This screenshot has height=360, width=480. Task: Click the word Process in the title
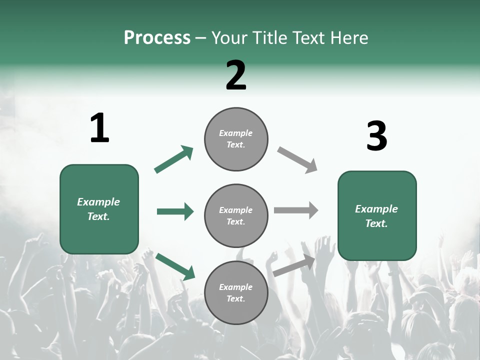157,38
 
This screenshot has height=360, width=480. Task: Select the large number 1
99,128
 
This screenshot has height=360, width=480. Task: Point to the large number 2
236,76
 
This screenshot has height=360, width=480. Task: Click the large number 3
376,136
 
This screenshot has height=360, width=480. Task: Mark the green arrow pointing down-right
175,266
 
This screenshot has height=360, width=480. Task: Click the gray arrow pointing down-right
297,160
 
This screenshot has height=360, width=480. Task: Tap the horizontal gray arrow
296,210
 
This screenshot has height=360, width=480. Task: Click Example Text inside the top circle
236,139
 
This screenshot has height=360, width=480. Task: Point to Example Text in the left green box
98,209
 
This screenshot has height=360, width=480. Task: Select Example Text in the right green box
376,216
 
